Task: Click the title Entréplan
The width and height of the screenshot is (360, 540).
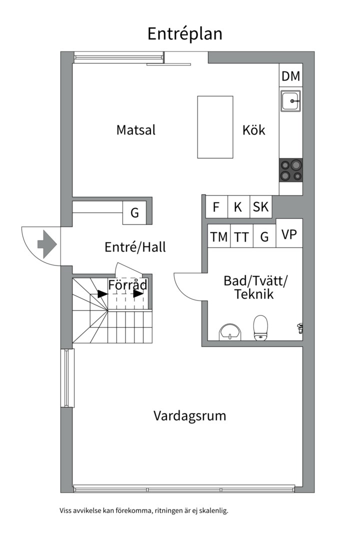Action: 184,34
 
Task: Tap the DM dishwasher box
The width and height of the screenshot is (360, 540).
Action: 290,76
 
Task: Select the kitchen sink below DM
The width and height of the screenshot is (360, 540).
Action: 290,101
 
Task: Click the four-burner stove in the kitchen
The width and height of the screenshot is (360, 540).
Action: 290,169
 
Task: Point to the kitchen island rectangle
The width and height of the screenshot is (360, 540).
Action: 215,126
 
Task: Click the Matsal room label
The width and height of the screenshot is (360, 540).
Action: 136,130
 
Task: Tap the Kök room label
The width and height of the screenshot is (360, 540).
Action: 253,130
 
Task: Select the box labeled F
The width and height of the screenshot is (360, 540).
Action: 216,207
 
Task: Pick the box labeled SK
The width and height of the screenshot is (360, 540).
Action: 260,207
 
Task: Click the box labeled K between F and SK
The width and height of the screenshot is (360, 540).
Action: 238,207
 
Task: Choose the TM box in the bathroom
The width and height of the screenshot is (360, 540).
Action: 218,237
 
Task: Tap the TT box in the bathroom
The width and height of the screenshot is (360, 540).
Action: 241,237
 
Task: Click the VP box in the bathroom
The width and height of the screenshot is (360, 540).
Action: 289,234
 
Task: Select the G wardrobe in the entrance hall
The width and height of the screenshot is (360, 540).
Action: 134,213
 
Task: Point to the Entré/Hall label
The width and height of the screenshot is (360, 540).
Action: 135,247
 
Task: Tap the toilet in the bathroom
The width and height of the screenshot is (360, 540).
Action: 260,327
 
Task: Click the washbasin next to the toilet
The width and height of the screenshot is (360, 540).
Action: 230,331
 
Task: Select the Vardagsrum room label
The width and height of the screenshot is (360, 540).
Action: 189,415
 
